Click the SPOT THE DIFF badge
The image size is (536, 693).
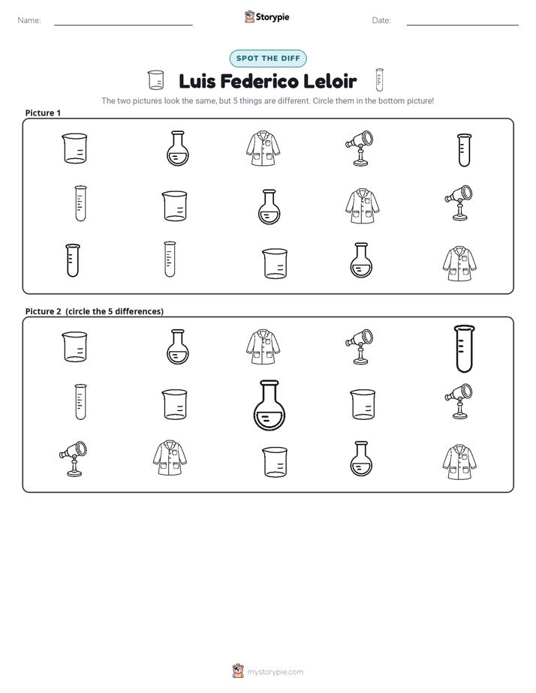point(268,58)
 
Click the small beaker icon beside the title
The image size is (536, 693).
point(155,80)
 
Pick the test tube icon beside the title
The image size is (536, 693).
point(379,80)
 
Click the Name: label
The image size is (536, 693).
point(29,20)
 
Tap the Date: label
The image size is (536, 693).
point(381,20)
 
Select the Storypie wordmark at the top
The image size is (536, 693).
point(273,17)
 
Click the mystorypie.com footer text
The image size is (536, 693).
point(275,672)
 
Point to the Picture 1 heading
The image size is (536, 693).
point(43,112)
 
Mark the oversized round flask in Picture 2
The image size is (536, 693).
point(270,405)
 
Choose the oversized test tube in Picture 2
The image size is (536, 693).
point(464,349)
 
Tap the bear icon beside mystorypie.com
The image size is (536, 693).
point(238,671)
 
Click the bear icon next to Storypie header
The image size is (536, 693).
point(249,16)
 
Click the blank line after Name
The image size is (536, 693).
point(123,25)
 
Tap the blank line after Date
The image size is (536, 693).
point(462,25)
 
